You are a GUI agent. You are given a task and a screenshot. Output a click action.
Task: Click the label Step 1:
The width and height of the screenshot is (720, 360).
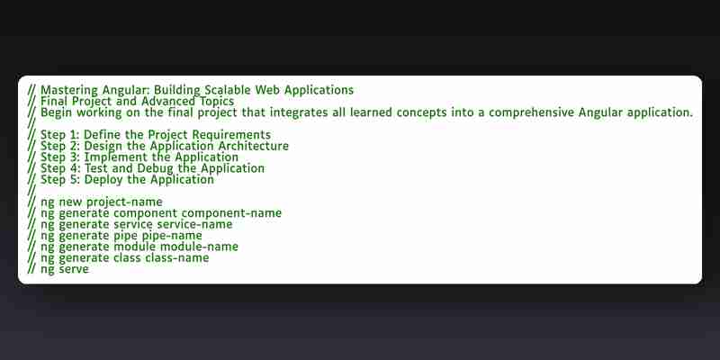point(59,135)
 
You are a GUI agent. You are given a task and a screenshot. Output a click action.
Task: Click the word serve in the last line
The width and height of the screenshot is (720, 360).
point(74,269)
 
